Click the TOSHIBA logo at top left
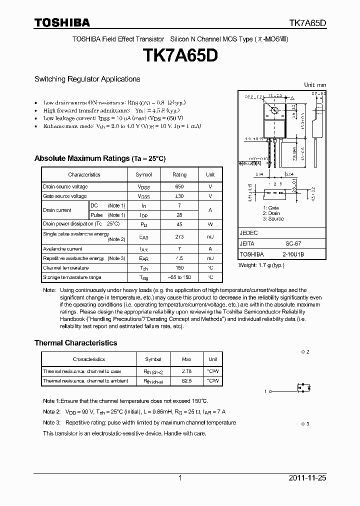click(62, 22)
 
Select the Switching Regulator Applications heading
click(87, 79)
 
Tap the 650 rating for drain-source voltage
click(179, 186)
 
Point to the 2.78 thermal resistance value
click(186, 371)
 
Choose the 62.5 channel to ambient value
click(186, 381)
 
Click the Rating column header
click(179, 174)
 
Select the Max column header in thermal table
click(186, 359)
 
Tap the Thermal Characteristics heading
click(75, 343)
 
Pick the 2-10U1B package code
click(293, 254)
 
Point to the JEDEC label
click(248, 233)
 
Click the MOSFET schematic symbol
click(303, 388)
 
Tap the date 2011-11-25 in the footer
click(307, 478)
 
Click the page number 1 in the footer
click(180, 478)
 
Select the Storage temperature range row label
click(72, 277)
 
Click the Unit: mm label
click(315, 85)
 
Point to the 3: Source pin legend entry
click(273, 218)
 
